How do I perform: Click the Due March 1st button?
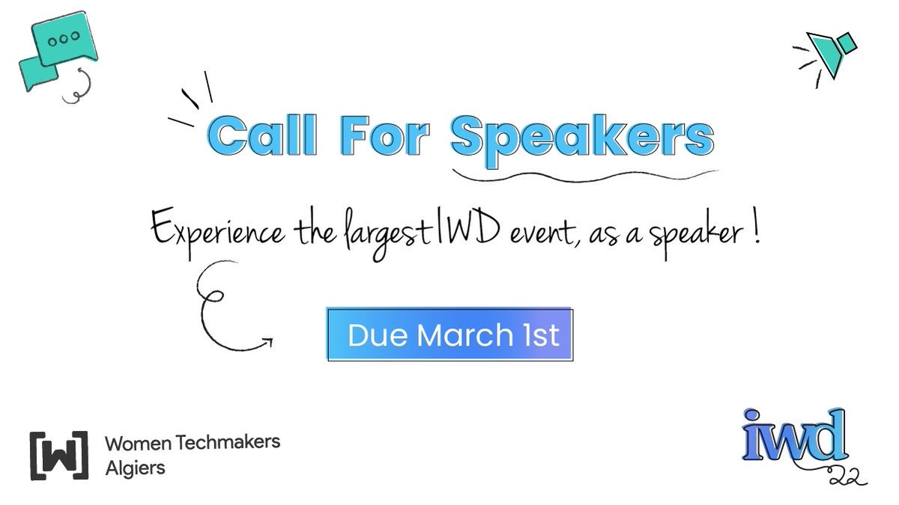449,334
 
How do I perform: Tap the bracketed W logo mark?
58,455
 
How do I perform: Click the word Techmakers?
228,442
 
